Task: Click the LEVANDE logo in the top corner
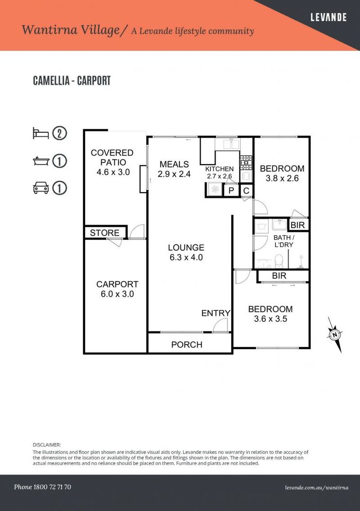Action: pyautogui.click(x=328, y=17)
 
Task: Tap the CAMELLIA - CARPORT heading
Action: pyautogui.click(x=72, y=80)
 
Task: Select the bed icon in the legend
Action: pyautogui.click(x=41, y=133)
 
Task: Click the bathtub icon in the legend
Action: pyautogui.click(x=41, y=161)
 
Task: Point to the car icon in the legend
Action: pyautogui.click(x=41, y=188)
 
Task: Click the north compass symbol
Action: pyautogui.click(x=335, y=335)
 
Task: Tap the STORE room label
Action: pyautogui.click(x=105, y=233)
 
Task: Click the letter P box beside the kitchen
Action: pyautogui.click(x=231, y=190)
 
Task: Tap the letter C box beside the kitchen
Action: pyautogui.click(x=246, y=190)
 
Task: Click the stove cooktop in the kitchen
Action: pyautogui.click(x=246, y=162)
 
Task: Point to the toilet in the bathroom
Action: pyautogui.click(x=279, y=261)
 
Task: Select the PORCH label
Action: pyautogui.click(x=187, y=344)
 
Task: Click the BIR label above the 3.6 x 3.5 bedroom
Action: pyautogui.click(x=279, y=276)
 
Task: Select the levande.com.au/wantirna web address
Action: pyautogui.click(x=316, y=487)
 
